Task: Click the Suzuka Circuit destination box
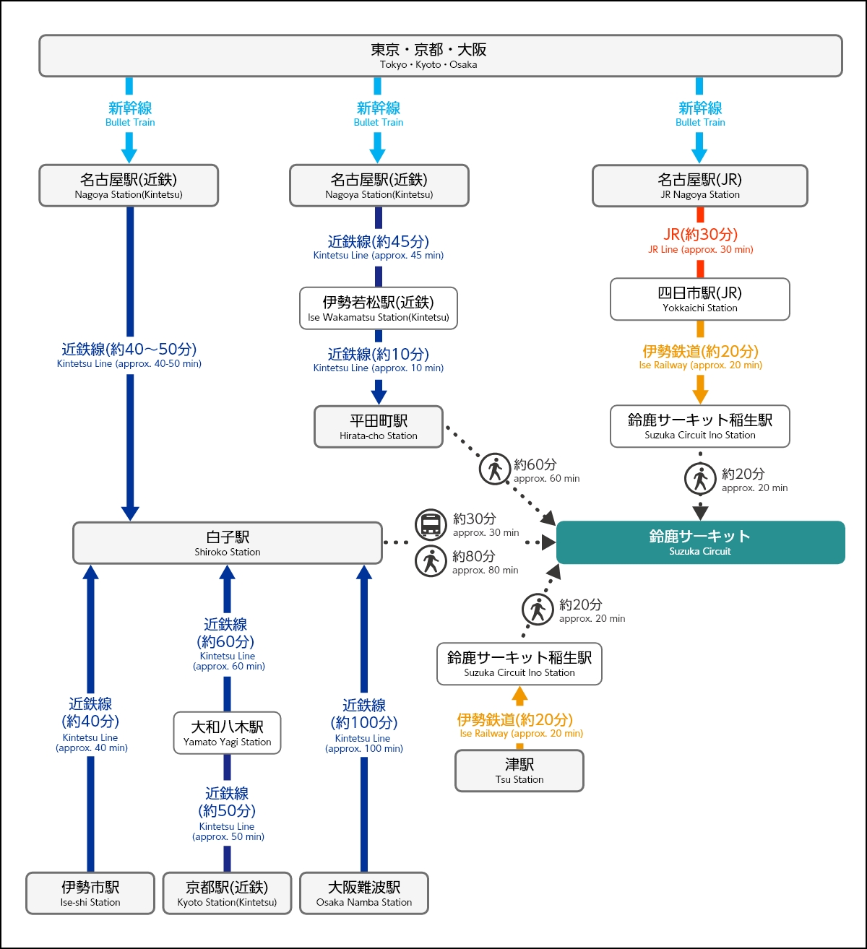700,542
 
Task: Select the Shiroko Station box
227,543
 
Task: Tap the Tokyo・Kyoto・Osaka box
440,56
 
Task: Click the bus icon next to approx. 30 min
431,524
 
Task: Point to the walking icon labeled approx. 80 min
431,562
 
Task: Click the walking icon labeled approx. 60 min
495,469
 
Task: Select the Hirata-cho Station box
378,427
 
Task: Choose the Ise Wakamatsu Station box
378,308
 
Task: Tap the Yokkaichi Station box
699,299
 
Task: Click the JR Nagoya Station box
699,186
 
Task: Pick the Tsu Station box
519,771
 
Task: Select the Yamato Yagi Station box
227,733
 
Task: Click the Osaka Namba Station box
363,893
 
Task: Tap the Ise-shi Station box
90,893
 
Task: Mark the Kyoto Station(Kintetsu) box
227,893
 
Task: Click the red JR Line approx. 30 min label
700,240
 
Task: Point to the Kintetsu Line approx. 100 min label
363,725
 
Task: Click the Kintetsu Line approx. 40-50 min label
129,355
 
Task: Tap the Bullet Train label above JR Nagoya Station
699,113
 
